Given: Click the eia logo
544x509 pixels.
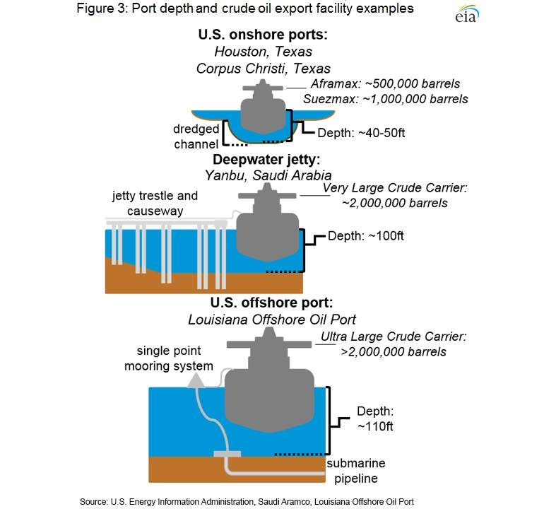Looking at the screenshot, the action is pyautogui.click(x=467, y=14).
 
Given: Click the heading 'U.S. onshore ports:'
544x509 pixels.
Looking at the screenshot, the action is pyautogui.click(x=263, y=35).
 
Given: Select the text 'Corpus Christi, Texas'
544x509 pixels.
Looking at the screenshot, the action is pyautogui.click(x=264, y=69).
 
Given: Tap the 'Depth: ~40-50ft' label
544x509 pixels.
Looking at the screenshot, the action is pyautogui.click(x=361, y=133).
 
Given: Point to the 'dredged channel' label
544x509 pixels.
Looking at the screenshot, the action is pyautogui.click(x=196, y=136).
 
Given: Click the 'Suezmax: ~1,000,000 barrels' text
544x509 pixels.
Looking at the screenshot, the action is pyautogui.click(x=386, y=99).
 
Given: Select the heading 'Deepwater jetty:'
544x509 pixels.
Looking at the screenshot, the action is pyautogui.click(x=266, y=159).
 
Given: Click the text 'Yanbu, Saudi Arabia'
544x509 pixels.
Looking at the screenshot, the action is pyautogui.click(x=268, y=175).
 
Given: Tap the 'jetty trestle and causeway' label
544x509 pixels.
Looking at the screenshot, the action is pyautogui.click(x=155, y=203).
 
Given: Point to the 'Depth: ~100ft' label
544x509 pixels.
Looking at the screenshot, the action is pyautogui.click(x=366, y=235).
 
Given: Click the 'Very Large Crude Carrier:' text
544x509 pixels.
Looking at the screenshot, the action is pyautogui.click(x=395, y=188).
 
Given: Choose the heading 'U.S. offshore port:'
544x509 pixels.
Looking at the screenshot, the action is pyautogui.click(x=271, y=303).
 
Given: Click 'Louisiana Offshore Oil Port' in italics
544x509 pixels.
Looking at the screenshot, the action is pyautogui.click(x=272, y=320).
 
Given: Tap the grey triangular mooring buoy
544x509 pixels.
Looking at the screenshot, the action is pyautogui.click(x=196, y=380).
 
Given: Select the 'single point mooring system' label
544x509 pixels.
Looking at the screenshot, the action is pyautogui.click(x=169, y=358).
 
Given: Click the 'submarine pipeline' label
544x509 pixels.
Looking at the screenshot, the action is pyautogui.click(x=356, y=470).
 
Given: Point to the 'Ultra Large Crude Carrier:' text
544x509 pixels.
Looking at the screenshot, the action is pyautogui.click(x=394, y=337).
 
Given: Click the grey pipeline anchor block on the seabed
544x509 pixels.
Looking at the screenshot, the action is pyautogui.click(x=227, y=454).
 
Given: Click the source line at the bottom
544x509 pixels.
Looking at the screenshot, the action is pyautogui.click(x=247, y=501).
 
